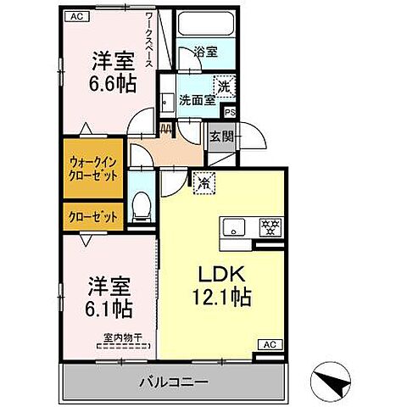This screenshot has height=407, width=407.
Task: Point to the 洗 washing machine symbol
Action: click(x=225, y=85)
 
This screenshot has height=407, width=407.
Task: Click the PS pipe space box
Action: click(x=229, y=110)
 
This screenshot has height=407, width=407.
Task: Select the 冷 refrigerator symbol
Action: click(x=203, y=181)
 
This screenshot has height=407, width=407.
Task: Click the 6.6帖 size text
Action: click(x=110, y=83)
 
